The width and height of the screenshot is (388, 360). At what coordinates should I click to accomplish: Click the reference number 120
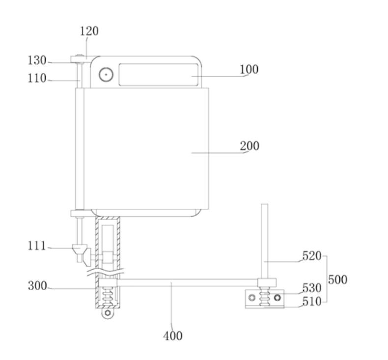click(89, 31)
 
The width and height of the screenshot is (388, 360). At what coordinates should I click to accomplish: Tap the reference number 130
click(37, 60)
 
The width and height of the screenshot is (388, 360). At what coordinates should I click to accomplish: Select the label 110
click(37, 78)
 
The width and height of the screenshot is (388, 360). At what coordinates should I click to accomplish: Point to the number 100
click(249, 70)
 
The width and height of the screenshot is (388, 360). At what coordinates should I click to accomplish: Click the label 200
click(249, 146)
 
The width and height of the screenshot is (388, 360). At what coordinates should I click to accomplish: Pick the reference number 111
click(37, 246)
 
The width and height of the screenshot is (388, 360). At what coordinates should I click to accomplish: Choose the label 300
click(37, 286)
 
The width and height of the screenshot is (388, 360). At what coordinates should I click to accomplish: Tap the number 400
click(173, 336)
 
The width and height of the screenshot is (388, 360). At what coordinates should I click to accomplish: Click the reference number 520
click(312, 255)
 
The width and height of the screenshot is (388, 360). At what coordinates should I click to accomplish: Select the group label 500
click(337, 279)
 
